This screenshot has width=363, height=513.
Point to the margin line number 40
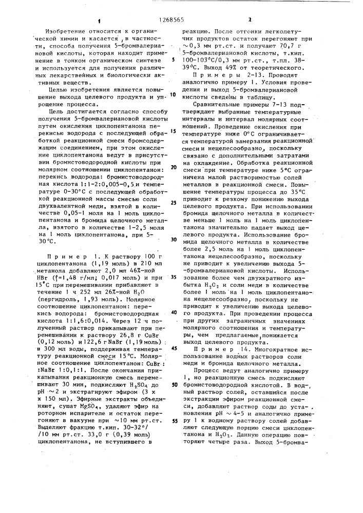click(x=174, y=312)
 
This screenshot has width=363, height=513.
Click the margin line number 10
click(x=174, y=94)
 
